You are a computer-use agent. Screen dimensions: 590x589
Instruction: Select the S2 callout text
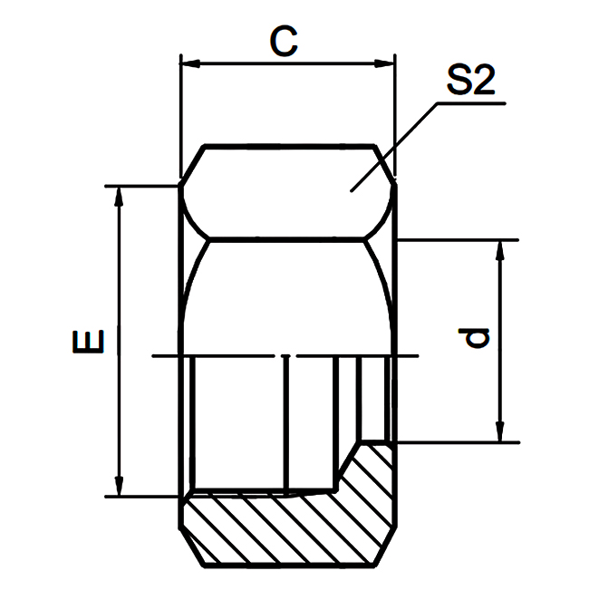pos(470,83)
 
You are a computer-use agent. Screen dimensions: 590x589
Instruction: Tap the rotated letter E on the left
pos(89,342)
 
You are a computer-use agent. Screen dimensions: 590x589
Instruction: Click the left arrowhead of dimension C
pos(188,63)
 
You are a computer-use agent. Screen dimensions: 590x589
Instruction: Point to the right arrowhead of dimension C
pos(390,63)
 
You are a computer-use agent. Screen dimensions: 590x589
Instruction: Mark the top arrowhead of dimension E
pos(117,195)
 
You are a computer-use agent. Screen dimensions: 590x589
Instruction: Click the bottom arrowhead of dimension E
pos(117,488)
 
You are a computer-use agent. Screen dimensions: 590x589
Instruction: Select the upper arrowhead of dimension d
pos(497,248)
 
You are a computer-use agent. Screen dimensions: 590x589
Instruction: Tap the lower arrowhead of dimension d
pos(497,434)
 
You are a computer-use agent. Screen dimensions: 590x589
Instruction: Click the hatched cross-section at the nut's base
pos(290,526)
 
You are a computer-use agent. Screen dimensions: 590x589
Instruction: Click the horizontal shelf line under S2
pos(471,104)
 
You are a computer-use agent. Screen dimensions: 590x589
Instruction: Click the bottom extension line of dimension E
pos(145,497)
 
